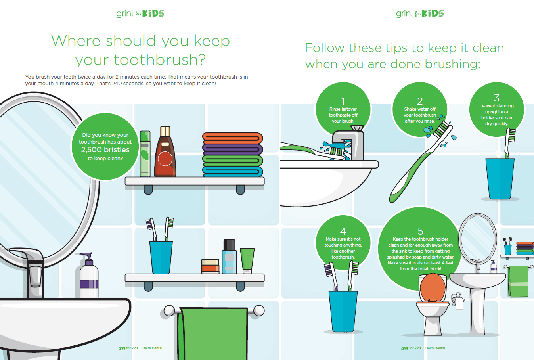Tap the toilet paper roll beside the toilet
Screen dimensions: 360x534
coord(459,303)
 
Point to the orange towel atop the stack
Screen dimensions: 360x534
coord(233,138)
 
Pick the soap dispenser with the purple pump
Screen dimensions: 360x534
coord(89,278)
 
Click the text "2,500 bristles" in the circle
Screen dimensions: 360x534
coord(105,150)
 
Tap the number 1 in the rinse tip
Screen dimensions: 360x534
coord(343,101)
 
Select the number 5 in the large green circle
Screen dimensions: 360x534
coord(421,231)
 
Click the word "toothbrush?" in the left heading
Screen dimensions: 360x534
coord(140,60)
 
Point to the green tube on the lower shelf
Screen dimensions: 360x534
coord(247,260)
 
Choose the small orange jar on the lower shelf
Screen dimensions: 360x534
coord(210,266)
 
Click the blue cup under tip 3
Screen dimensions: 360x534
coord(500,178)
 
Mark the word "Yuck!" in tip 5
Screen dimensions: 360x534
coord(436,269)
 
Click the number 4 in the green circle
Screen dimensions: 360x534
coord(343,231)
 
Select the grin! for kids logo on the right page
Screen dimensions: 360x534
coord(419,13)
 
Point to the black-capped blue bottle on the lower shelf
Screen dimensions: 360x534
coord(229,257)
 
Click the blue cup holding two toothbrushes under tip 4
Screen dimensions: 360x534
coord(343,311)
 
